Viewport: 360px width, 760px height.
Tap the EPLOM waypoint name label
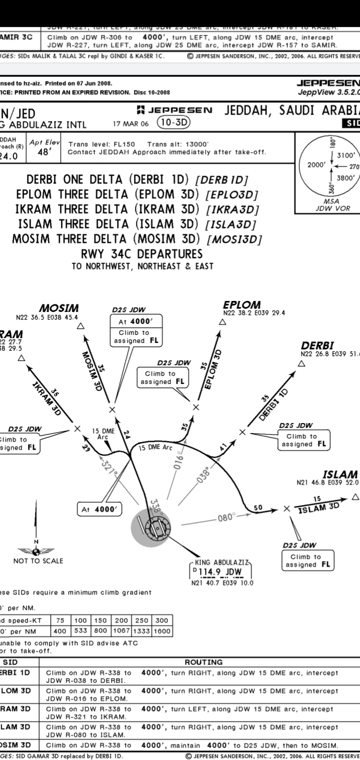point(242,304)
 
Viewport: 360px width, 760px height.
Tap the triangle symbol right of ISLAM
point(355,497)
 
